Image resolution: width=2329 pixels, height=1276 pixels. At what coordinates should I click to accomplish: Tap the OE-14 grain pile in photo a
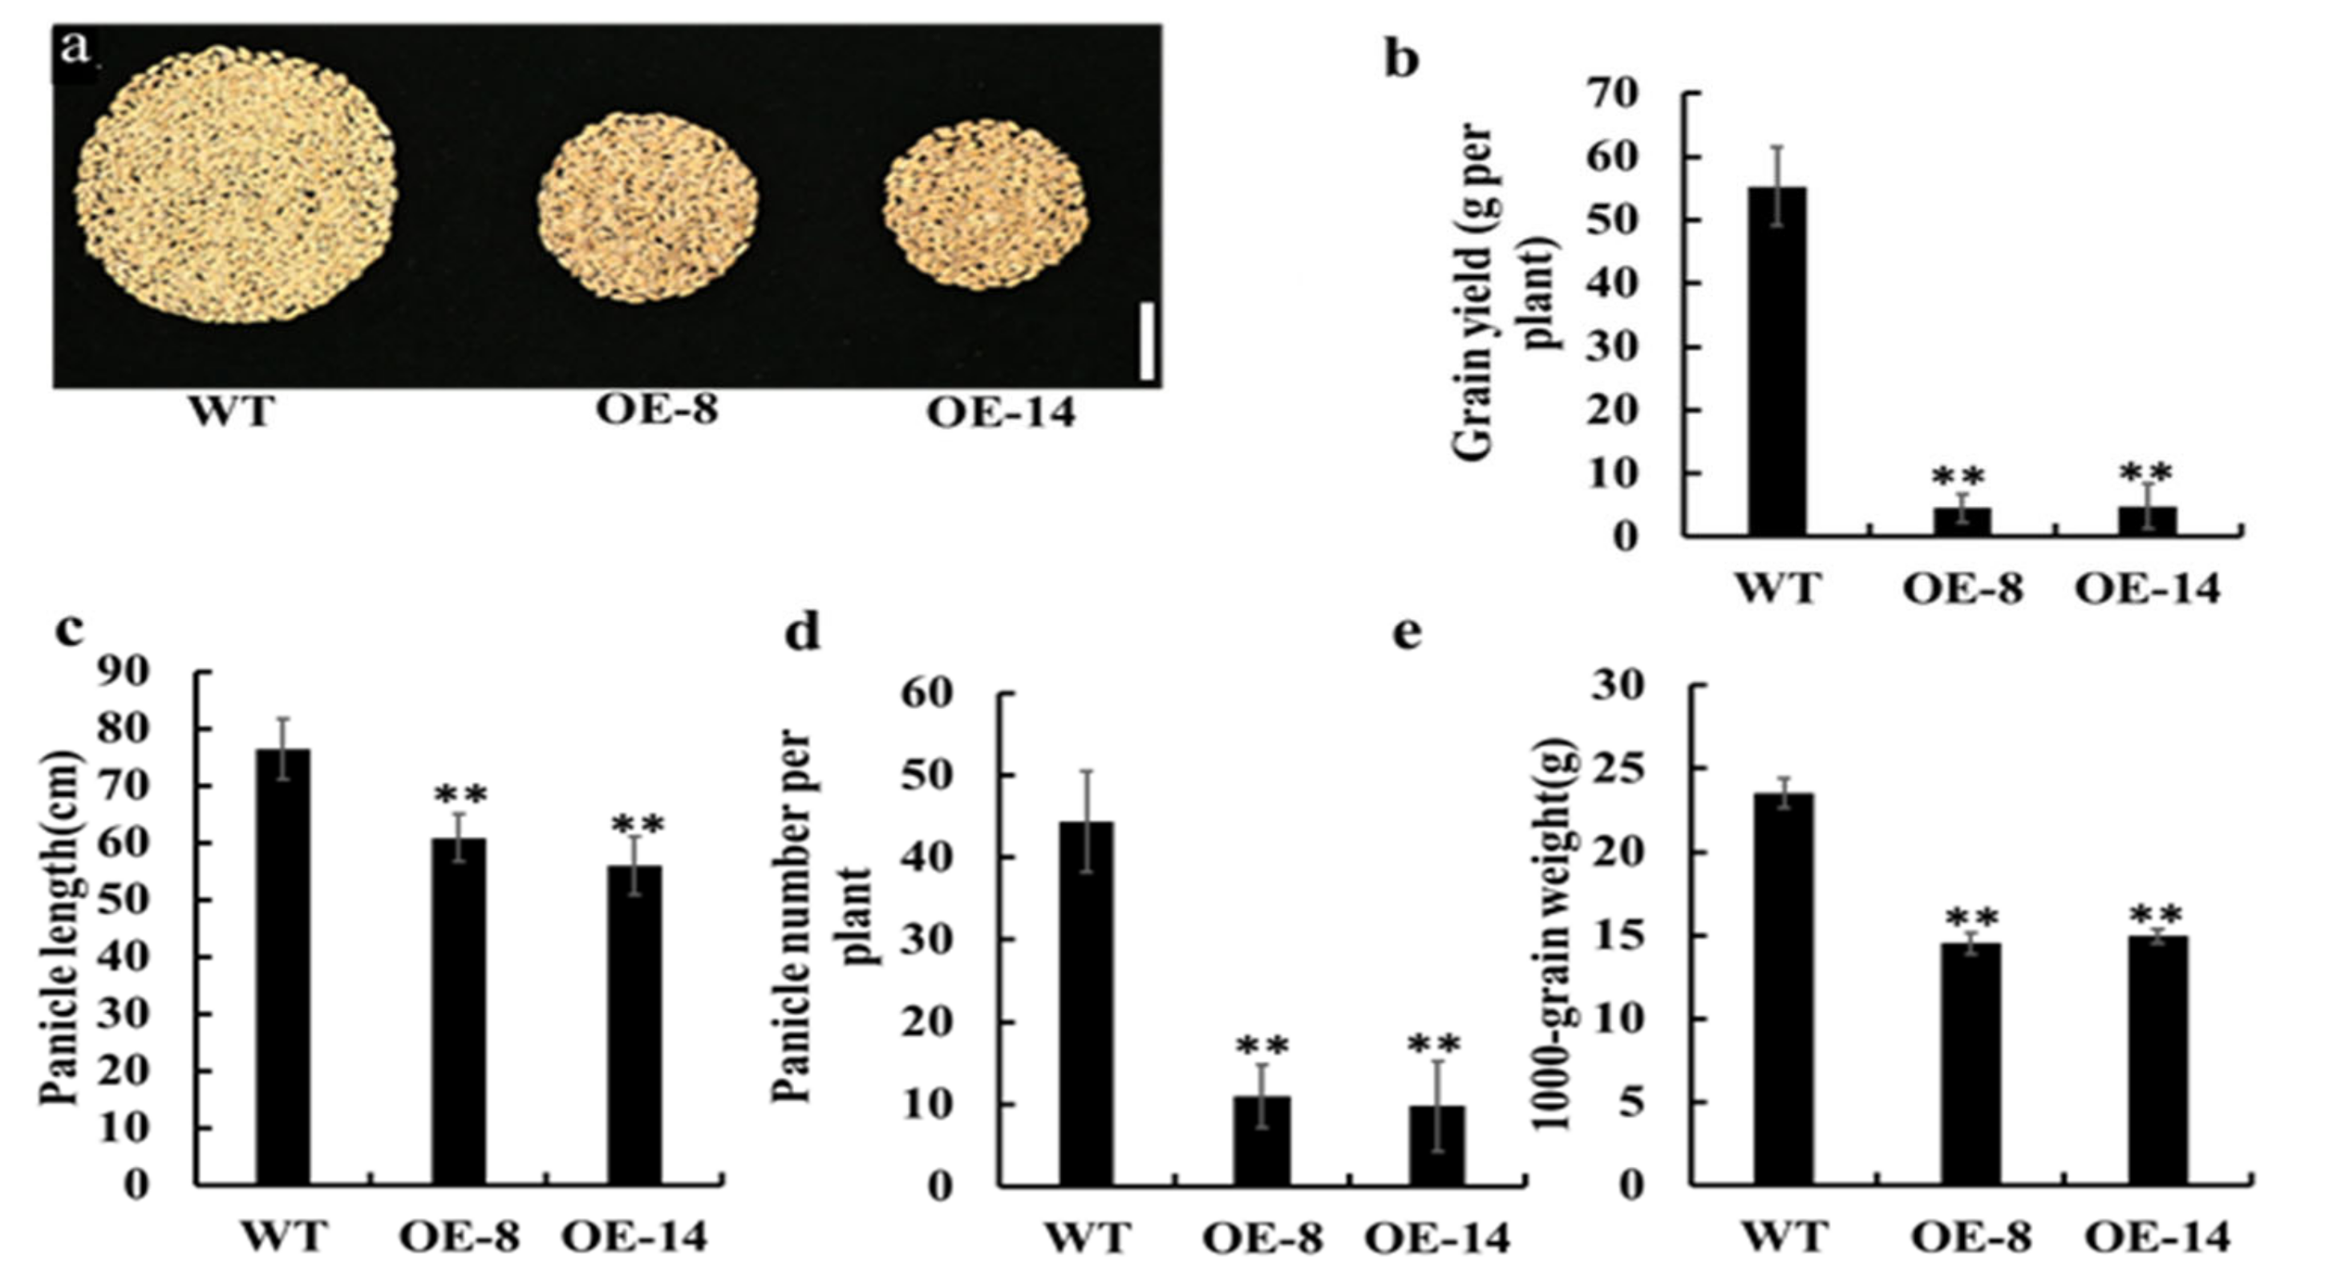click(986, 206)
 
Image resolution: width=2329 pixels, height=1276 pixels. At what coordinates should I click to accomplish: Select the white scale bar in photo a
click(1146, 341)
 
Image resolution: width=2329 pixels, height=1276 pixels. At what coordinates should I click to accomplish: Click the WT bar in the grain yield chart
click(1776, 362)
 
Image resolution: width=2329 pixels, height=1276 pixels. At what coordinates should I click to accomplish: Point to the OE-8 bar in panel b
click(1962, 522)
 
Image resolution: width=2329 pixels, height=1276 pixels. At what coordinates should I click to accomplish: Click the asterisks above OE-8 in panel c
click(461, 795)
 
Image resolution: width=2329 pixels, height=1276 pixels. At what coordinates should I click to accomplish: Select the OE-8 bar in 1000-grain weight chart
click(1974, 1063)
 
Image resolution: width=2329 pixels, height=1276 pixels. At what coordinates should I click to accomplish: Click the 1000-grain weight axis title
click(1557, 931)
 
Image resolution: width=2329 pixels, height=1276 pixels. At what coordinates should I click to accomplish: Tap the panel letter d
click(802, 632)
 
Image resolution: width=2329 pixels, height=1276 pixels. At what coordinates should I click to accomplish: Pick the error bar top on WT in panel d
click(1087, 772)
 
